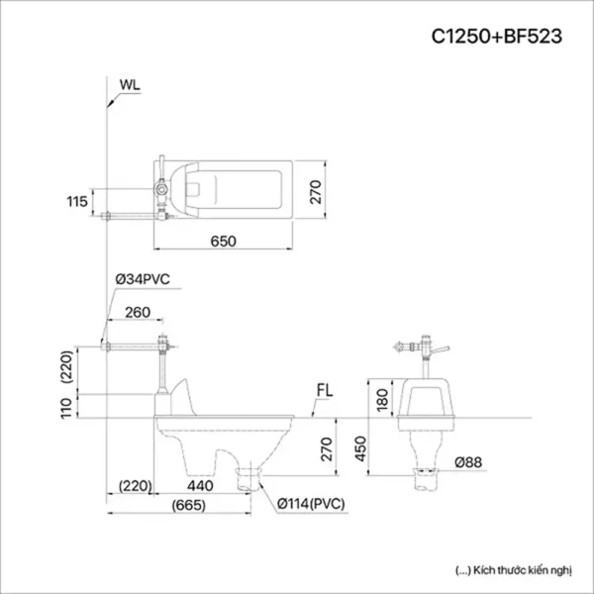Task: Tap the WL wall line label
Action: (129, 84)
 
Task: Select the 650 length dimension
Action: (226, 241)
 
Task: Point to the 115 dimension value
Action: (77, 202)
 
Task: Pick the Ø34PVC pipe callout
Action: (143, 280)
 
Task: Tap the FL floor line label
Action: (324, 389)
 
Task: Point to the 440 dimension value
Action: (201, 486)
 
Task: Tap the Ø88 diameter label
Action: (469, 462)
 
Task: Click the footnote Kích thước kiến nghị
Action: (509, 571)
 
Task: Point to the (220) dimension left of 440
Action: (134, 486)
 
